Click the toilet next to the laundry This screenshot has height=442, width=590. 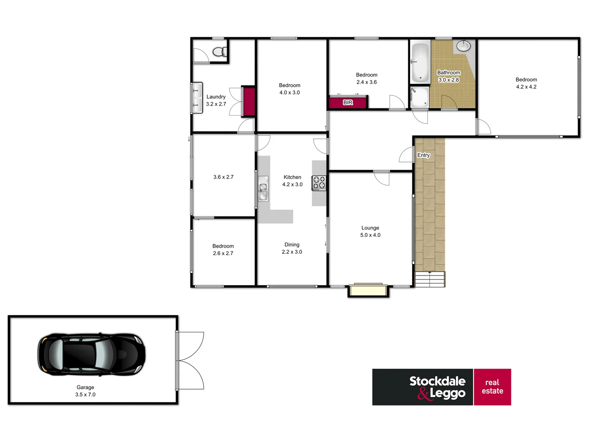click(219, 52)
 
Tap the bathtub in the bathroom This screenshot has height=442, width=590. click(420, 62)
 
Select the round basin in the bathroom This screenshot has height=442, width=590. click(464, 45)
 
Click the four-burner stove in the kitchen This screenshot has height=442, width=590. click(319, 183)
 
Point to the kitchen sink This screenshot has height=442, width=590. click(263, 189)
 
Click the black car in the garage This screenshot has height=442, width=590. click(91, 354)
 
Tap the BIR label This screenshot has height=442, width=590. click(348, 102)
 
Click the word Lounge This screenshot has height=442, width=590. click(370, 228)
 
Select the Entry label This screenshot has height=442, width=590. click(424, 155)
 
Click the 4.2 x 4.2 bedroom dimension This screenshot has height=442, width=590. click(526, 87)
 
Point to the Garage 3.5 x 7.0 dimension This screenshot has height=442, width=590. click(85, 395)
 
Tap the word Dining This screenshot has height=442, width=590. click(292, 245)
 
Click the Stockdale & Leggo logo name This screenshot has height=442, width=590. click(437, 387)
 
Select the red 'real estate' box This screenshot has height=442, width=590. click(492, 387)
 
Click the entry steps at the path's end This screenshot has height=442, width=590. click(430, 279)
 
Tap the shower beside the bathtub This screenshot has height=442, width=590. click(419, 97)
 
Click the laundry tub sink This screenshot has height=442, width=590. click(197, 97)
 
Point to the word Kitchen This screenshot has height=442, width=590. click(292, 177)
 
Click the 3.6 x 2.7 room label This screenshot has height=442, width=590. click(223, 177)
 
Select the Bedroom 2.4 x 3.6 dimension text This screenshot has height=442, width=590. click(366, 82)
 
